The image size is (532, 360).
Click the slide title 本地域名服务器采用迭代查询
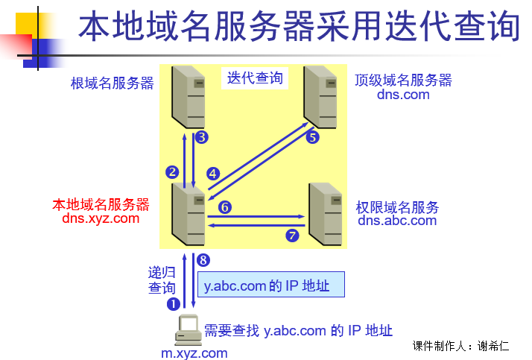(298, 28)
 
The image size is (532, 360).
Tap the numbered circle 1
(174, 303)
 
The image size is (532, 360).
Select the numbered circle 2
(172, 171)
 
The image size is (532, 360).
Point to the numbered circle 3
(201, 137)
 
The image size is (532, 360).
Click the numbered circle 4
(213, 174)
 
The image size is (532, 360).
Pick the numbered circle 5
(313, 137)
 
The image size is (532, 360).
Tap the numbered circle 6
(226, 207)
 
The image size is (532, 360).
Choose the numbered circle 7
(292, 236)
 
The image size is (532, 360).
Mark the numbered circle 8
(203, 259)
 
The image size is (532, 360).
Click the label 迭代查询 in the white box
(255, 78)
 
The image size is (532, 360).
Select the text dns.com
(403, 95)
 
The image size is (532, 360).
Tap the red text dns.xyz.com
(101, 218)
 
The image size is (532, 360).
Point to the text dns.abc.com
(397, 220)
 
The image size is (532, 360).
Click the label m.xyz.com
(194, 353)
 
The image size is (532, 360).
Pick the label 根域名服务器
(113, 83)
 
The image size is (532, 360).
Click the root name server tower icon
(188, 97)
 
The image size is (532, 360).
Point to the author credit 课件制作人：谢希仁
(461, 346)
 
